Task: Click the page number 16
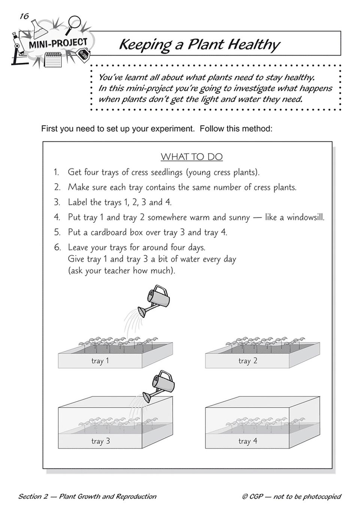[x=24, y=16]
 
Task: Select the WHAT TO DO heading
[x=191, y=156]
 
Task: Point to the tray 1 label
[x=100, y=361]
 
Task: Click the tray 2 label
[x=248, y=361]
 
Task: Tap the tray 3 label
[x=100, y=441]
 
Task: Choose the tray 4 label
[x=248, y=441]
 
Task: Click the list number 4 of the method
[x=57, y=217]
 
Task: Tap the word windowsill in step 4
[x=305, y=217]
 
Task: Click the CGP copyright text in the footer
[x=291, y=497]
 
